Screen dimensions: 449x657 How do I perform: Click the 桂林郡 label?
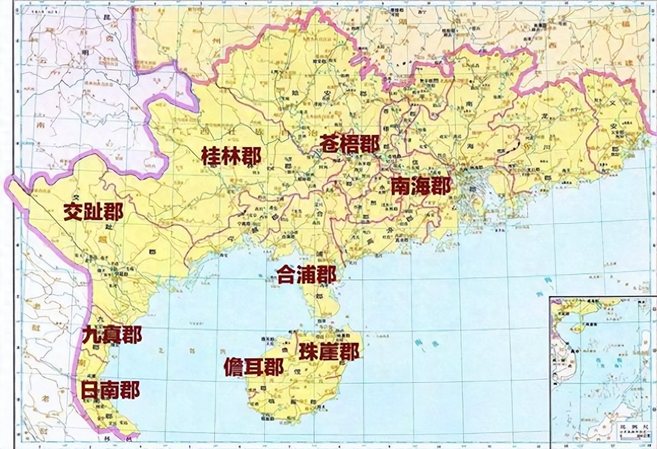point(230,156)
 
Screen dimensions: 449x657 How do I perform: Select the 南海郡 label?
point(420,186)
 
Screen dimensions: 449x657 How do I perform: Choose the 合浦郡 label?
point(306,276)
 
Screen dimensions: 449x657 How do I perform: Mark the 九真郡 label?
point(111,336)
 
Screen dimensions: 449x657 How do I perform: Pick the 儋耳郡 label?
point(254,367)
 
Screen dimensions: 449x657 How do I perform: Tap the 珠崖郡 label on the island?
point(329,352)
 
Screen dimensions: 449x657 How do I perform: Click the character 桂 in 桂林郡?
point(211,156)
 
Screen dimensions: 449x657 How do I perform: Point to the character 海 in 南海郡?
point(420,186)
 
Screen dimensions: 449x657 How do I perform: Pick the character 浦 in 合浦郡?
point(306,276)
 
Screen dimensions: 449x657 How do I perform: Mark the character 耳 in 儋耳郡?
point(254,367)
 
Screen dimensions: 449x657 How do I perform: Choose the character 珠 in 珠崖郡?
point(309,352)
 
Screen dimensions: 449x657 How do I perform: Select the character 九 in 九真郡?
point(92,336)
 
